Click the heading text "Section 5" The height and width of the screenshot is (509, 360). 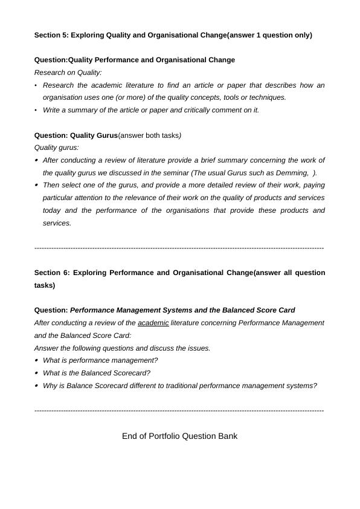(51, 35)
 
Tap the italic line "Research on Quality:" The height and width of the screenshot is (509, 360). (68, 73)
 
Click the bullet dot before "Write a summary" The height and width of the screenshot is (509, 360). (36, 110)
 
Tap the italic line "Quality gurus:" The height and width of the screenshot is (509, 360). (57, 148)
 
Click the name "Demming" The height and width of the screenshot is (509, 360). (294, 173)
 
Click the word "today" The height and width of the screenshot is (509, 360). (53, 210)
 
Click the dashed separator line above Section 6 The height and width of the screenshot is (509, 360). (179, 248)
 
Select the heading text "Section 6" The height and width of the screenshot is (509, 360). (51, 273)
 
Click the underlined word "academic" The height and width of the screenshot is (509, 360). (153, 323)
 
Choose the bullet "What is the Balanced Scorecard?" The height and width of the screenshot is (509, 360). (97, 373)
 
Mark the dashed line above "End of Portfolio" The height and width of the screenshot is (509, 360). (179, 411)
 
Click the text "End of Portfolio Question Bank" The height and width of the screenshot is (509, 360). (179, 436)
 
